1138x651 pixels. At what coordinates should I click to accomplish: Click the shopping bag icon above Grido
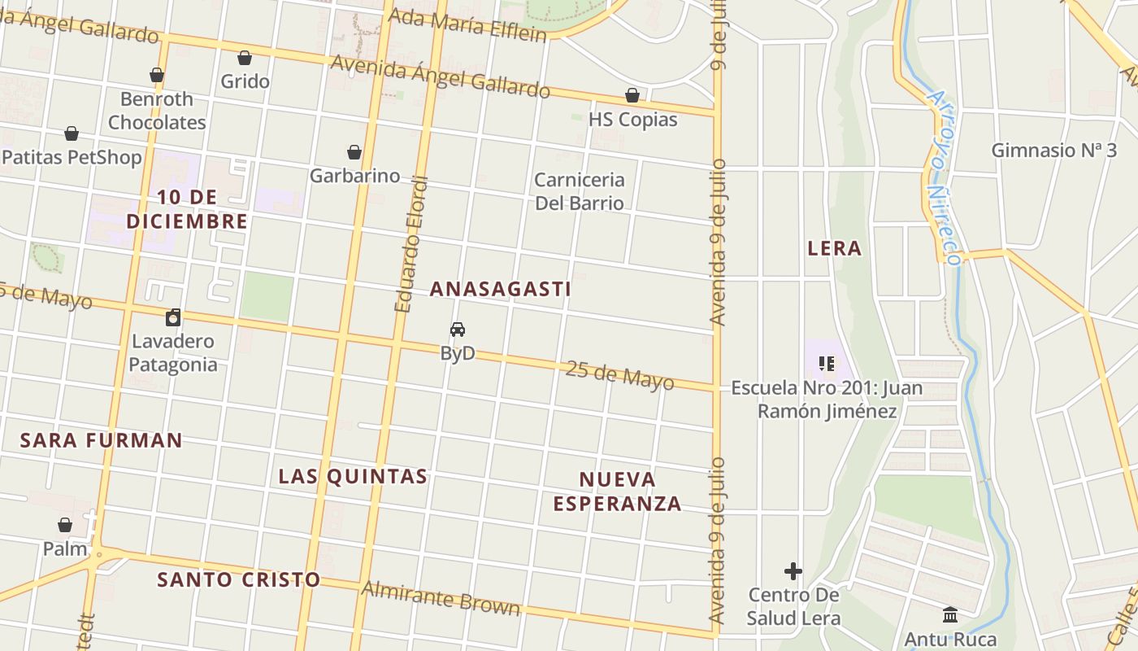[245, 58]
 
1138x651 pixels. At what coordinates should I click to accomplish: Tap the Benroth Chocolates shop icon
[157, 76]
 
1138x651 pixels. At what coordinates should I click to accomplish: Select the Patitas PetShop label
[72, 157]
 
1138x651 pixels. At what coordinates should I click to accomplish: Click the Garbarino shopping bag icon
[354, 152]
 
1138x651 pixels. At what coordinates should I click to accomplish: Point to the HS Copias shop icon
[632, 96]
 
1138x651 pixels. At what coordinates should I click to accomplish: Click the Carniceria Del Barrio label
[580, 191]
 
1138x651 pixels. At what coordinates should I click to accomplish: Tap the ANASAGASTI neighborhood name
[500, 289]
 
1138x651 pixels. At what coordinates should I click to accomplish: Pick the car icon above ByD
[458, 330]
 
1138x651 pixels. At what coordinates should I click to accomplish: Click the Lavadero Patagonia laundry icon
[172, 317]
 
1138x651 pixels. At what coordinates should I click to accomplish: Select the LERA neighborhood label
[834, 248]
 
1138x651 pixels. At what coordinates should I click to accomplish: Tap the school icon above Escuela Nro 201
[827, 363]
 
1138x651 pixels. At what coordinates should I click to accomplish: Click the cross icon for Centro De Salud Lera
[793, 571]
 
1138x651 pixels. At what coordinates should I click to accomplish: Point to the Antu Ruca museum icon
[950, 615]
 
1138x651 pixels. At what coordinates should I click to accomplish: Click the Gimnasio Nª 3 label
[1053, 151]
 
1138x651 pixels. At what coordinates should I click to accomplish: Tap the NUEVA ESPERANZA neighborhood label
[618, 491]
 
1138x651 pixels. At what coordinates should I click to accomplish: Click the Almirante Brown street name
[441, 598]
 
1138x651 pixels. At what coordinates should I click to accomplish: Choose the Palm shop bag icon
[65, 526]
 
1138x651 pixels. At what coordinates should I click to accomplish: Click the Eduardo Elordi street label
[410, 244]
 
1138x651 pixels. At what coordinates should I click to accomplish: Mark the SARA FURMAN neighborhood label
[102, 440]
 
